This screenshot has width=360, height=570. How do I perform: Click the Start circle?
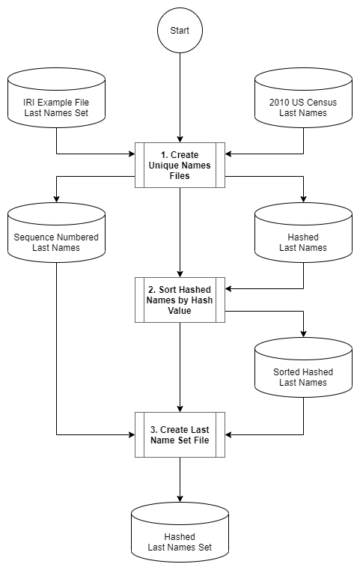point(180,31)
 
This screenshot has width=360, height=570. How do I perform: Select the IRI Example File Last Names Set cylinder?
point(56,98)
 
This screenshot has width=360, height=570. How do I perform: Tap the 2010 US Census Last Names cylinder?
point(303,98)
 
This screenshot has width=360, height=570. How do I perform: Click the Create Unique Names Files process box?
point(180,165)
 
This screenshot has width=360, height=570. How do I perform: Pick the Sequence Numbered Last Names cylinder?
point(56,233)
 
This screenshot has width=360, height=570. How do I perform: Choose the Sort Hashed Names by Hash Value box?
point(180,300)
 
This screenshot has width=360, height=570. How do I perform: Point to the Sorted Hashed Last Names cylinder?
point(303,368)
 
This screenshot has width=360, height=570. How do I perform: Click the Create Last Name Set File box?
point(180,434)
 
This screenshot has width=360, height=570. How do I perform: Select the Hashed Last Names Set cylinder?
point(180,533)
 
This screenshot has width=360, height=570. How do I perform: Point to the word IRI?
point(28,103)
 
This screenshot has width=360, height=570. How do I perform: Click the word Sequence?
point(31,237)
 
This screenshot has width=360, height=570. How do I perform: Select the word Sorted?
point(286,372)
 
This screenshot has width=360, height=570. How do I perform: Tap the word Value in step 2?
point(180,311)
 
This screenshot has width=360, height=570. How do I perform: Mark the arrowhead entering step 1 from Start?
point(180,139)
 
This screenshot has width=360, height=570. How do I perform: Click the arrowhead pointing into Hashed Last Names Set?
point(180,498)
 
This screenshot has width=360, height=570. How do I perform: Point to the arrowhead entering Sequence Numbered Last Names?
point(56,198)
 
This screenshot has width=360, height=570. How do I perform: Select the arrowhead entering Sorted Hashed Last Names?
point(303,334)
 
